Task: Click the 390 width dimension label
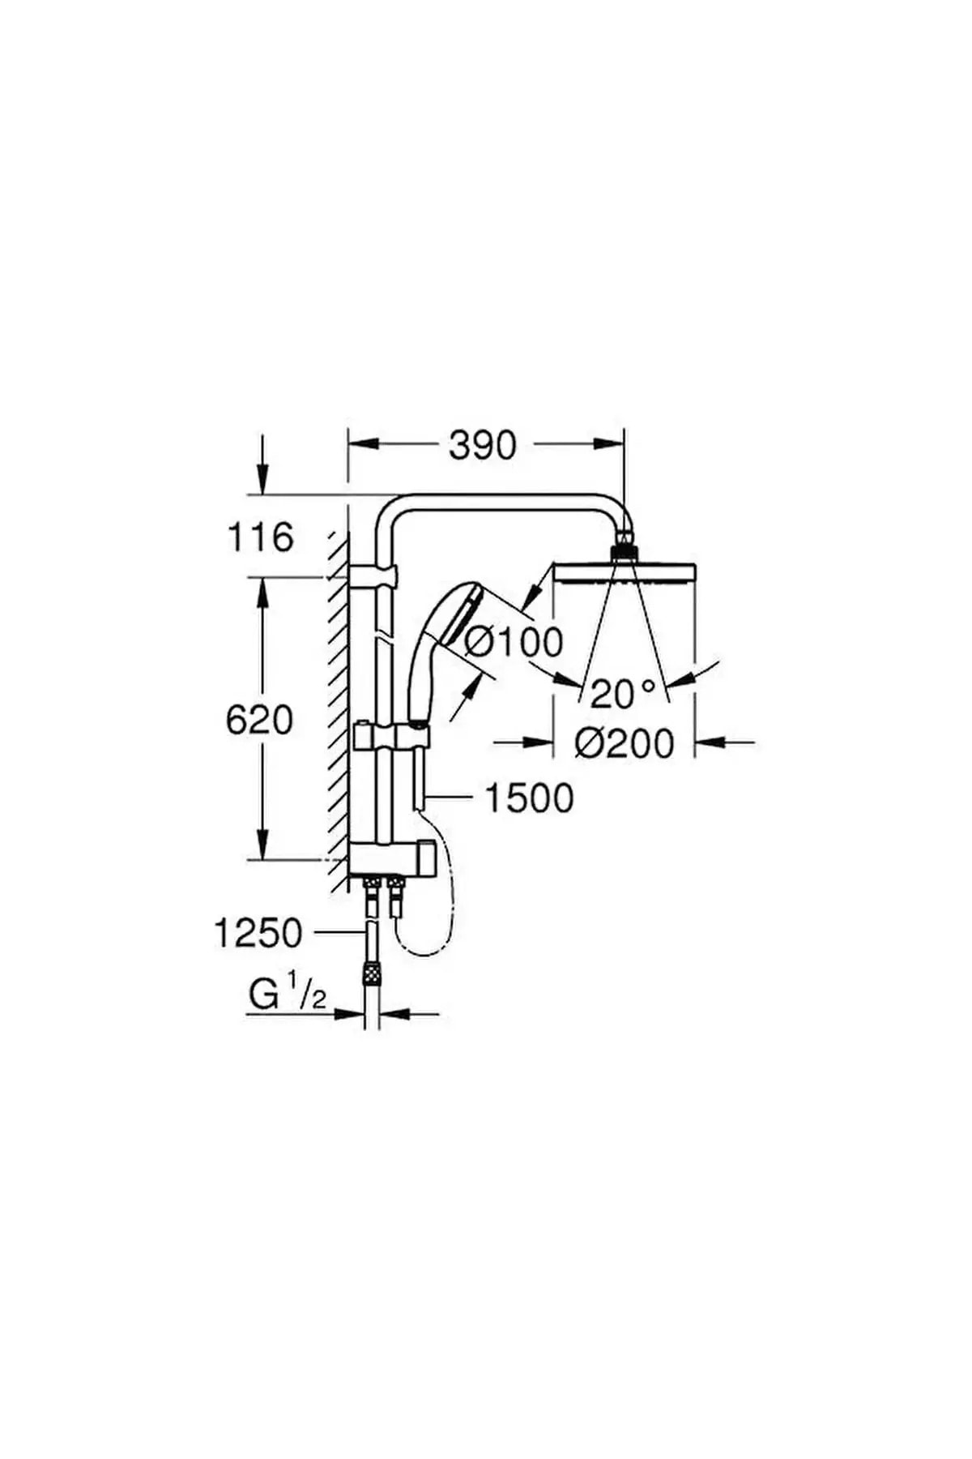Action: pyautogui.click(x=483, y=445)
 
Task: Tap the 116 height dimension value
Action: pyautogui.click(x=259, y=537)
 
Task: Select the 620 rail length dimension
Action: pyautogui.click(x=259, y=719)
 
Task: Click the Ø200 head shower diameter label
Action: pyautogui.click(x=624, y=742)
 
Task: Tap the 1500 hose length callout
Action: pyautogui.click(x=529, y=798)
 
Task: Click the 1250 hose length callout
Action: pyautogui.click(x=258, y=933)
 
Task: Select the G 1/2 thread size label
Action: pyautogui.click(x=287, y=995)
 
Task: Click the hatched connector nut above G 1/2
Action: pyautogui.click(x=371, y=971)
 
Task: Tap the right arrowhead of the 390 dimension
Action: pyautogui.click(x=608, y=444)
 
